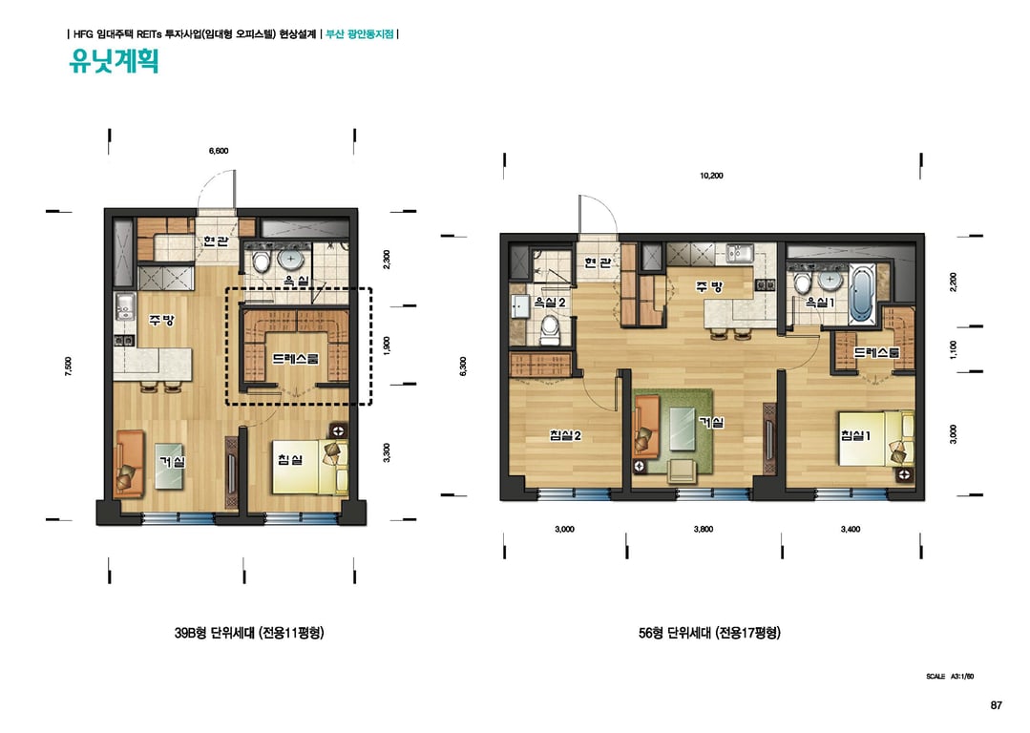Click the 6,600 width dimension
point(219,151)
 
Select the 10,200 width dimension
point(711,176)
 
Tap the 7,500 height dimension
point(69,366)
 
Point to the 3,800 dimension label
point(703,530)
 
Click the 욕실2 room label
point(550,303)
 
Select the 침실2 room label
point(565,435)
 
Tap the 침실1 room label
point(856,435)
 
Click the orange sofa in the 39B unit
point(130,462)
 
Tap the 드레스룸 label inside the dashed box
point(296,359)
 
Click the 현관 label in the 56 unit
point(598,262)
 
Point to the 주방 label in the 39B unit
point(161,321)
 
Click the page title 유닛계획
point(114,61)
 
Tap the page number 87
point(996,705)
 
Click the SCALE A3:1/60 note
point(950,677)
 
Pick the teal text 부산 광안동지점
point(360,33)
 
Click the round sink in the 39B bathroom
point(290,259)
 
